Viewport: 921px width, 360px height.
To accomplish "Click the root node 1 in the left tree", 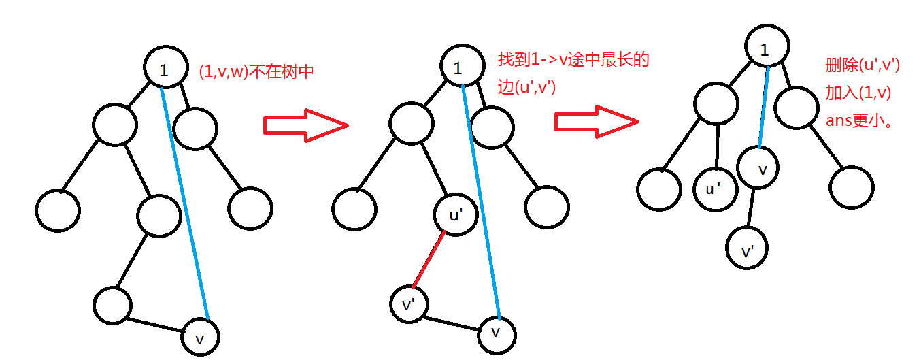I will [165, 67].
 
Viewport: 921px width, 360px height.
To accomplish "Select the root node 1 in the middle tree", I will [460, 67].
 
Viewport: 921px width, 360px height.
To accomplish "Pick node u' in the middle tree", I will [454, 215].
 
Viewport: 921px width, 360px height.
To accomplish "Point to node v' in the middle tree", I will [411, 305].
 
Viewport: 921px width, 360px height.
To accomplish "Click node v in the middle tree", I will [496, 333].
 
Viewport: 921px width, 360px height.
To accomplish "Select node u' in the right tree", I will [715, 189].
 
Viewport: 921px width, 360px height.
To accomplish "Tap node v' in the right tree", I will [748, 252].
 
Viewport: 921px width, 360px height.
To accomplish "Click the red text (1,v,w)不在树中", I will [256, 71].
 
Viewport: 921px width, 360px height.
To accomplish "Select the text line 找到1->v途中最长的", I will [573, 60].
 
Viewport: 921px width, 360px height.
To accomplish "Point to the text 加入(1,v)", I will [859, 93].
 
